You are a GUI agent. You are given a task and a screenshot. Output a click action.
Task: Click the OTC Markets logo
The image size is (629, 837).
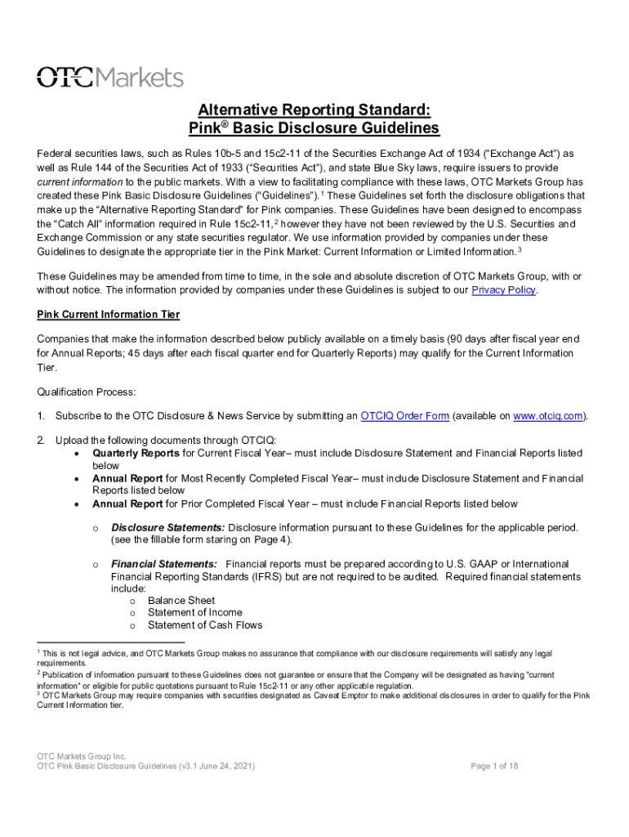pyautogui.click(x=110, y=77)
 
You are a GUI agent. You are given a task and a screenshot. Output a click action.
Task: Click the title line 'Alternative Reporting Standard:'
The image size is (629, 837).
pyautogui.click(x=314, y=110)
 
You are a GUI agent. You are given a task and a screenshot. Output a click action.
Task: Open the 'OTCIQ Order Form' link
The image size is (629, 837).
pyautogui.click(x=404, y=415)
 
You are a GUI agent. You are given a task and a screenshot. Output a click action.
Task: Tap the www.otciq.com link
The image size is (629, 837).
pyautogui.click(x=548, y=415)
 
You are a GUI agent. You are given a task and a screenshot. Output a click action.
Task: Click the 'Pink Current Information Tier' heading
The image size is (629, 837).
pyautogui.click(x=109, y=315)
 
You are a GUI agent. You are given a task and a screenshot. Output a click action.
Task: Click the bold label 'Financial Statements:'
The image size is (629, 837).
pyautogui.click(x=164, y=564)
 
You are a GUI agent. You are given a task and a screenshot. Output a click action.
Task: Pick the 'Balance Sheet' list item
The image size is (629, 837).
pyautogui.click(x=181, y=600)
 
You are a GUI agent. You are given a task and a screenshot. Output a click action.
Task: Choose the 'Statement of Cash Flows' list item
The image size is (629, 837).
pyautogui.click(x=205, y=625)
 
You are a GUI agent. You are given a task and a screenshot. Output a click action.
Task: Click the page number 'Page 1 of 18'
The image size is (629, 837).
pyautogui.click(x=494, y=766)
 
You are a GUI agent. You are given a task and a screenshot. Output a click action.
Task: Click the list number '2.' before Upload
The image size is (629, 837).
pyautogui.click(x=41, y=441)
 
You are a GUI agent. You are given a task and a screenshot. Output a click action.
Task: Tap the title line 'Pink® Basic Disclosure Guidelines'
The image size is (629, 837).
pyautogui.click(x=314, y=128)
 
